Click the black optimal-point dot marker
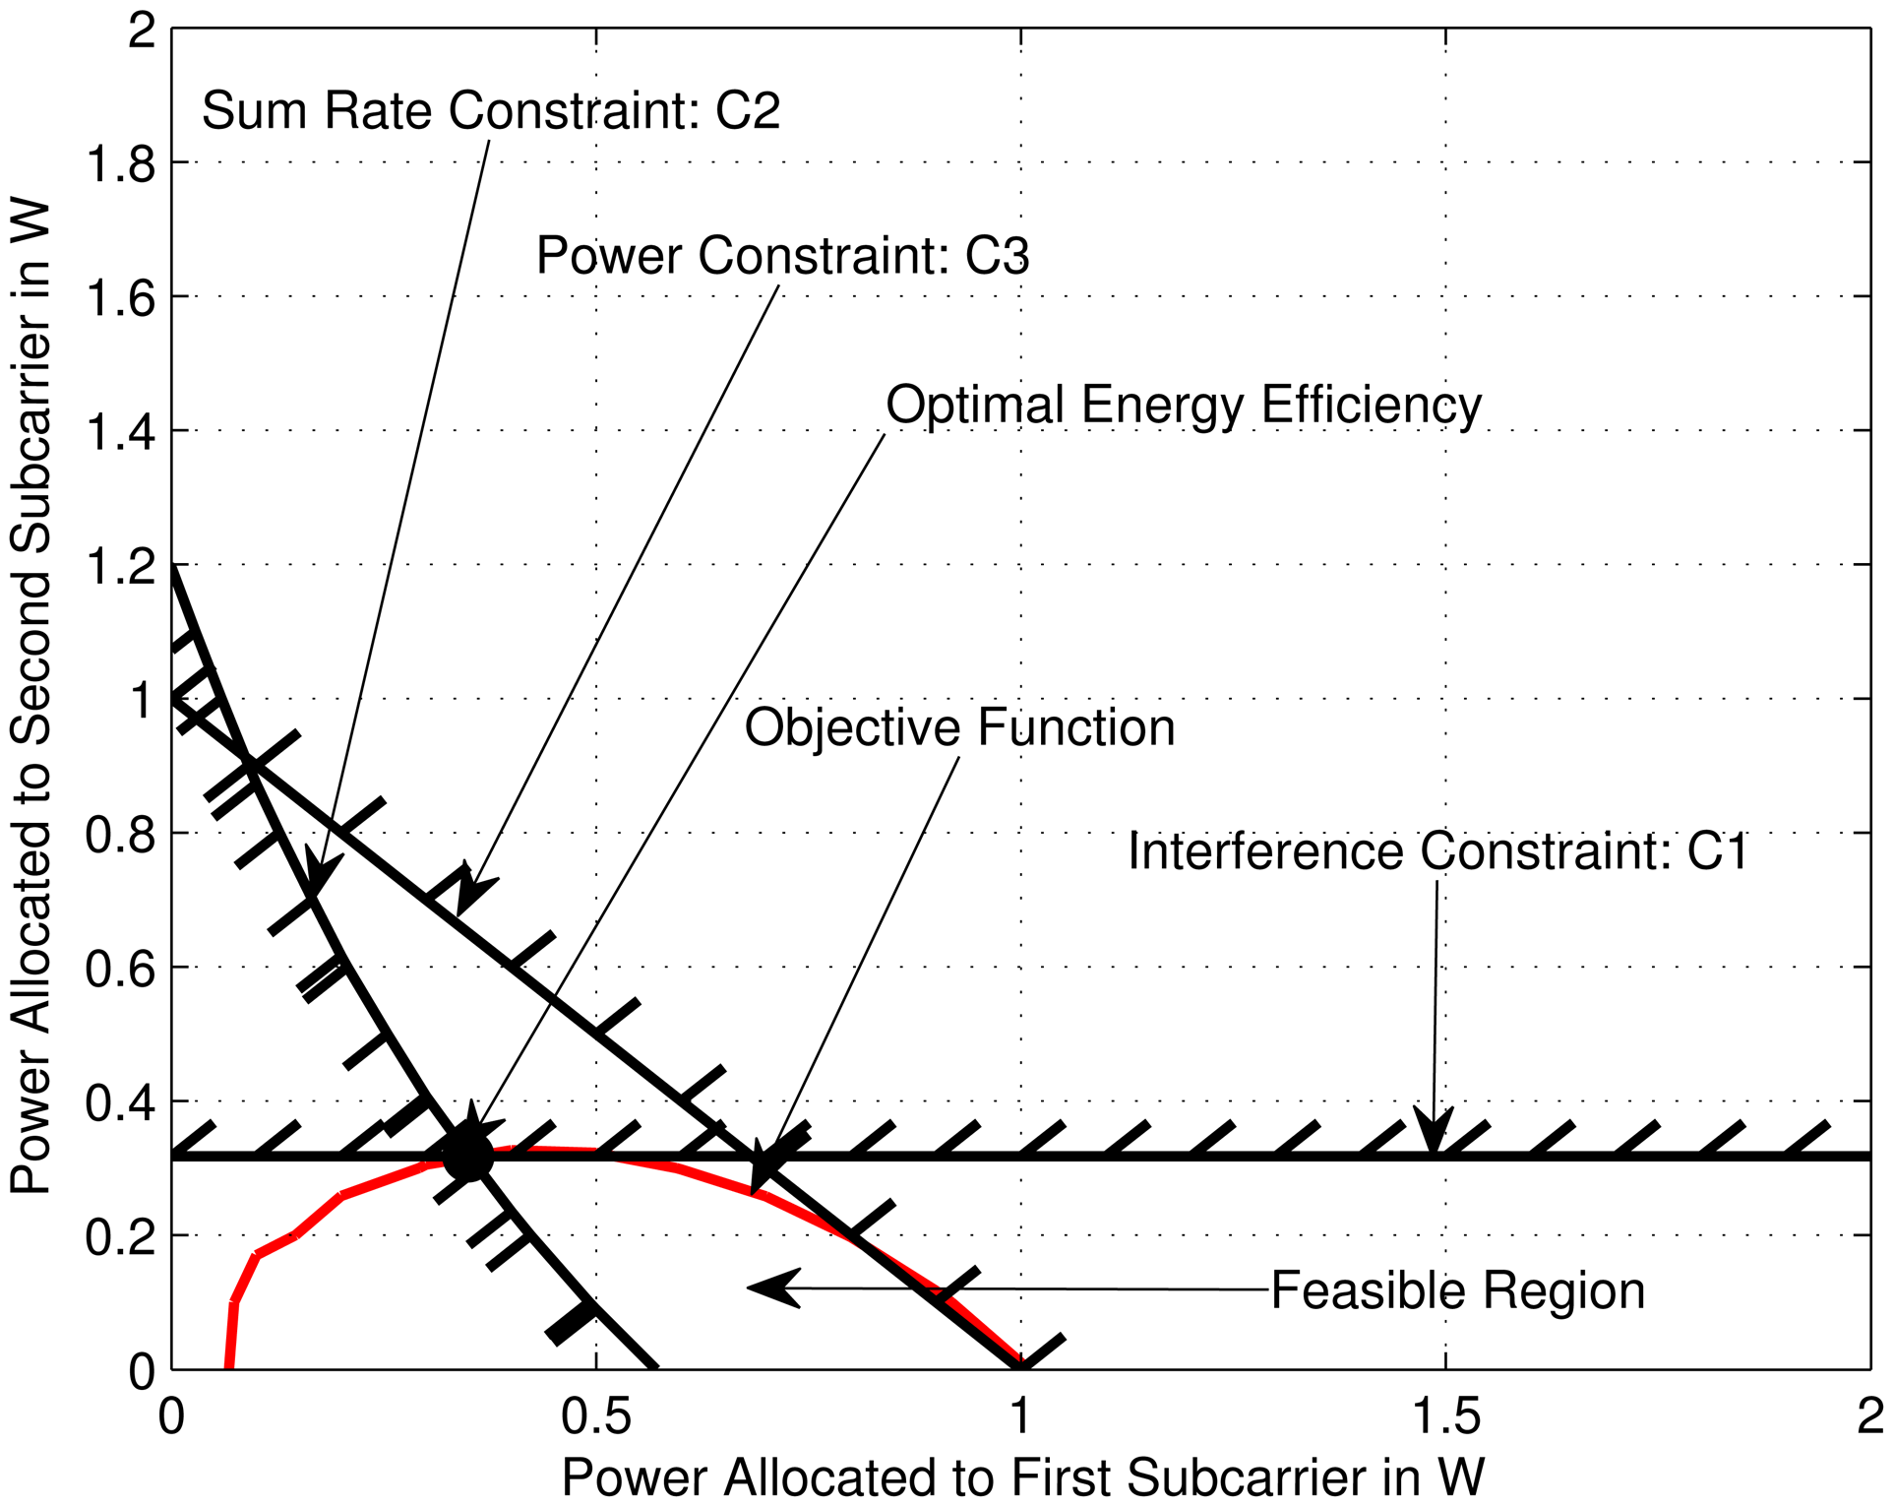[x=467, y=1155]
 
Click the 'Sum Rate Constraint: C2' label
[x=490, y=109]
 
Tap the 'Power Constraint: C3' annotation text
[x=782, y=256]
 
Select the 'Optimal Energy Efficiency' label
[x=1183, y=405]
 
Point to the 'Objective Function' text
[x=959, y=728]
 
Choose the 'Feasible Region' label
[x=1457, y=1290]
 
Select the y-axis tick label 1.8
[x=120, y=163]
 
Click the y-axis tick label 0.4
[x=120, y=1102]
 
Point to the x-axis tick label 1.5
[x=1445, y=1416]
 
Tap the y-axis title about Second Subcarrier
[x=31, y=699]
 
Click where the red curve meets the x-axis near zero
[x=228, y=1366]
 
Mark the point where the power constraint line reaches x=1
[x=1021, y=1366]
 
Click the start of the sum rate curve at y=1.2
[x=173, y=568]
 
